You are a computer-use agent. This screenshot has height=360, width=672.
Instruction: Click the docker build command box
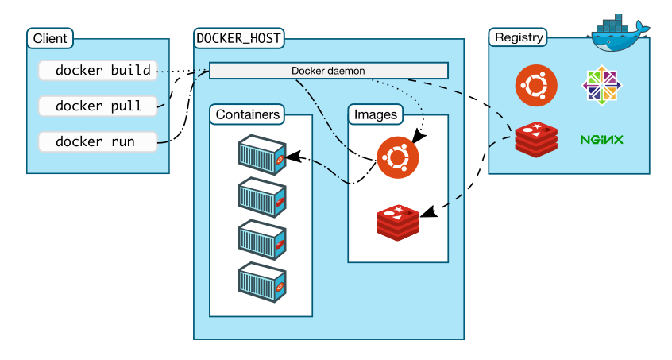[x=98, y=70]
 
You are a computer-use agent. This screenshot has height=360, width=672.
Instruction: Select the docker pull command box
[x=98, y=106]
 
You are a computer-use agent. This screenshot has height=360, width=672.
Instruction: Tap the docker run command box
[x=98, y=142]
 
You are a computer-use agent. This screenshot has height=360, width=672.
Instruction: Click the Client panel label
[x=50, y=38]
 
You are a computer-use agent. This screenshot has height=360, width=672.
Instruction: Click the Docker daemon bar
[x=328, y=71]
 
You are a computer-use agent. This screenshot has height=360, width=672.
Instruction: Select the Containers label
[x=248, y=114]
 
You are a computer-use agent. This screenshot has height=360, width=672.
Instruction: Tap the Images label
[x=376, y=114]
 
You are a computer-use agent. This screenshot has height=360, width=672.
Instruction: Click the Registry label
[x=519, y=37]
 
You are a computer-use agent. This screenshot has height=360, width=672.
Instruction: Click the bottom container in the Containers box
[x=262, y=282]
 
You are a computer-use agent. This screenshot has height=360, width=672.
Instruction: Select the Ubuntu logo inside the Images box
[x=396, y=157]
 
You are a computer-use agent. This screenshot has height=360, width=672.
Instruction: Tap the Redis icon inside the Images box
[x=398, y=222]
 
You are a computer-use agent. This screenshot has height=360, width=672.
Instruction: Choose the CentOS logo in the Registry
[x=601, y=85]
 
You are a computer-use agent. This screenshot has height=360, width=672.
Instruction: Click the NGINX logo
[x=601, y=140]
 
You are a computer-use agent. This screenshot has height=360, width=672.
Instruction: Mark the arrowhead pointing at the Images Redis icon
[x=427, y=213]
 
